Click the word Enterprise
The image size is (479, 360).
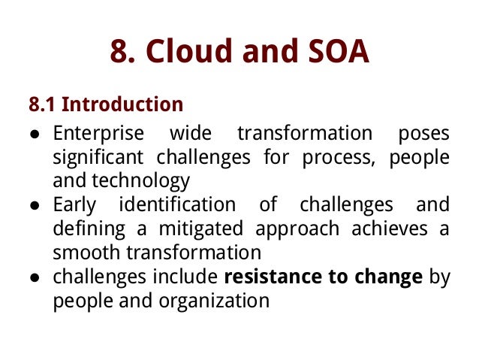tap(98, 134)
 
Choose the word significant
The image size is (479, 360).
tap(99, 157)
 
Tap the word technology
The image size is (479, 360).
tap(143, 181)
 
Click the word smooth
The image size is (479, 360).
tap(85, 253)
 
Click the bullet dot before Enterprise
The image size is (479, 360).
tap(35, 135)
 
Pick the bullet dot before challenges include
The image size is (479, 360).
tap(35, 277)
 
